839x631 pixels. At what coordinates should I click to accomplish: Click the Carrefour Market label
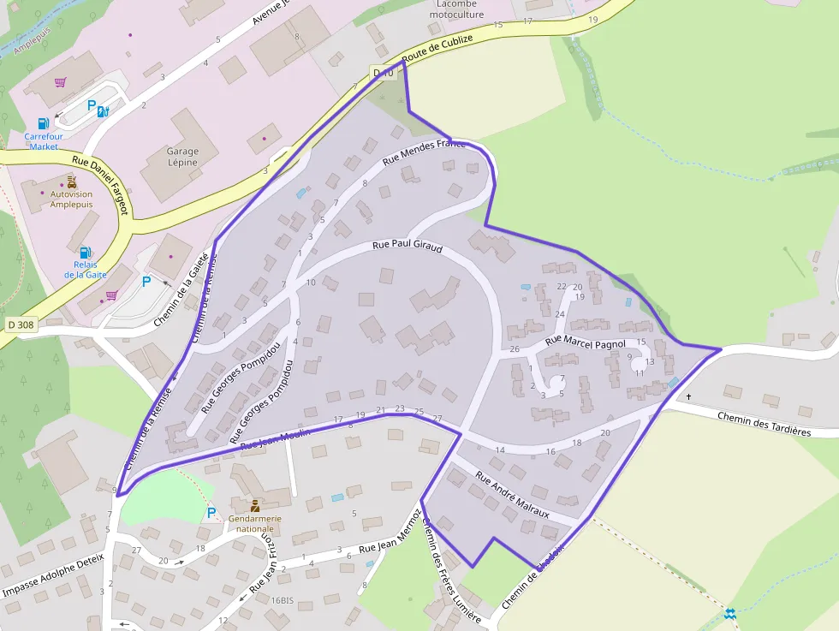point(44,141)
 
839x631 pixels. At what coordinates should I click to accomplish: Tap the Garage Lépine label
point(182,157)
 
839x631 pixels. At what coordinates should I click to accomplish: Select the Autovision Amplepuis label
point(72,199)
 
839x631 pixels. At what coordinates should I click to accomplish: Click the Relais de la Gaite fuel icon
point(85,253)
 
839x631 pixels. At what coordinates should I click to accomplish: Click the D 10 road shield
point(384,74)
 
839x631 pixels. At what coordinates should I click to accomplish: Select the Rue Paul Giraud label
point(407,247)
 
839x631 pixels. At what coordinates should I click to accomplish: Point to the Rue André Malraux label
point(511,495)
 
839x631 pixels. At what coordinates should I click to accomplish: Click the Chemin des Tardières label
point(764,424)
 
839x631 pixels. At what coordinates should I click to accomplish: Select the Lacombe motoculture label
point(455,9)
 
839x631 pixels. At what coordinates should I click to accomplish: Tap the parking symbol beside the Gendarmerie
point(211,513)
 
